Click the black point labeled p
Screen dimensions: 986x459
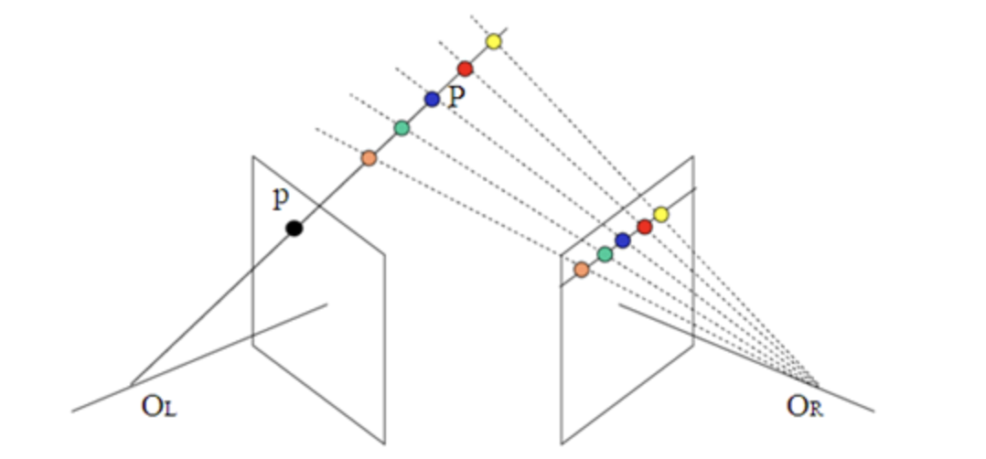tap(294, 229)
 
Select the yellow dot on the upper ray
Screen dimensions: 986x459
tap(494, 41)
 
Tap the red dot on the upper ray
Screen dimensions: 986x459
tap(465, 69)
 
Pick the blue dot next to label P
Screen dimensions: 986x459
tap(432, 99)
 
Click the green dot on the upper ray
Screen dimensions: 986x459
tap(402, 128)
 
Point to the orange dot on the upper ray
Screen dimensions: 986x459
tap(369, 158)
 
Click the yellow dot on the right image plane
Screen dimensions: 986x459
tap(661, 214)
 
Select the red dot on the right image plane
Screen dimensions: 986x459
tap(644, 227)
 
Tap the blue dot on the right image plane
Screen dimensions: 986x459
tap(623, 240)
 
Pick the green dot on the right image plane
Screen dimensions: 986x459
tap(605, 253)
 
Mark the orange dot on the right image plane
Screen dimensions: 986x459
tap(582, 270)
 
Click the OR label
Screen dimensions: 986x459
tap(805, 407)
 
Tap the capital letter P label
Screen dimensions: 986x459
tap(456, 97)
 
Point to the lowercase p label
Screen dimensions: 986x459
tap(281, 200)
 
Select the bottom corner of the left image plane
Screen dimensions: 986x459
tap(384, 443)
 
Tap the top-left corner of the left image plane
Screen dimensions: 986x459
tap(253, 156)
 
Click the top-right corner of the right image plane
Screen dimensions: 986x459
tap(691, 156)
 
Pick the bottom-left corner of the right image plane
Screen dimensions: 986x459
tap(561, 443)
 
